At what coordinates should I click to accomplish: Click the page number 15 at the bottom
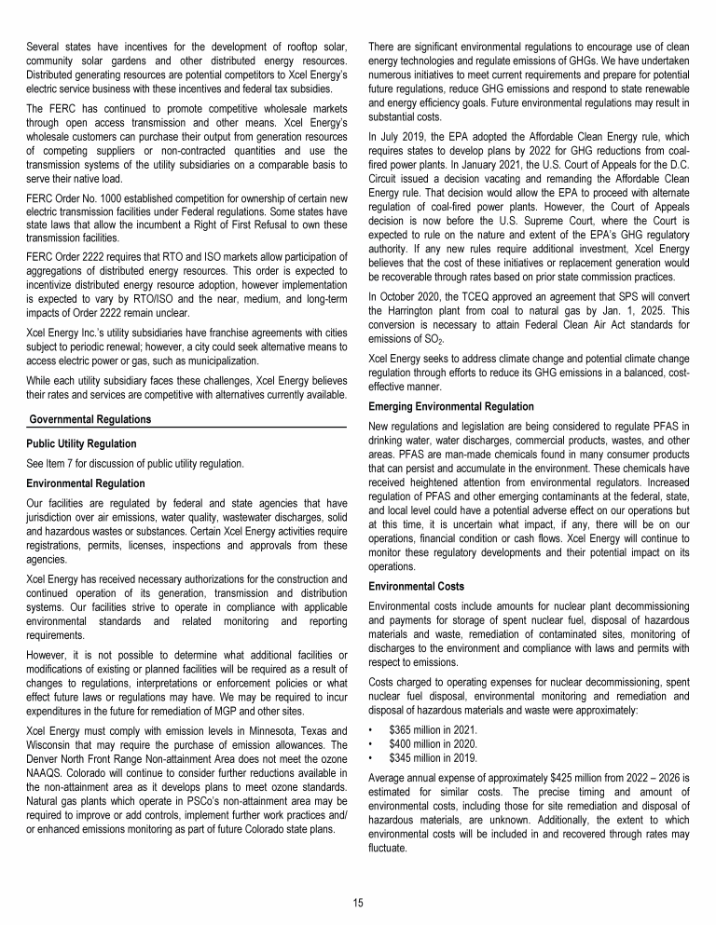coord(357,903)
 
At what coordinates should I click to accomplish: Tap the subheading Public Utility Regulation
coord(81,443)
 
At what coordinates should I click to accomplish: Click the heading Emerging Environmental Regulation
coord(451,407)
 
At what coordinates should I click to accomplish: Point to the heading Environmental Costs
coord(411,588)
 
